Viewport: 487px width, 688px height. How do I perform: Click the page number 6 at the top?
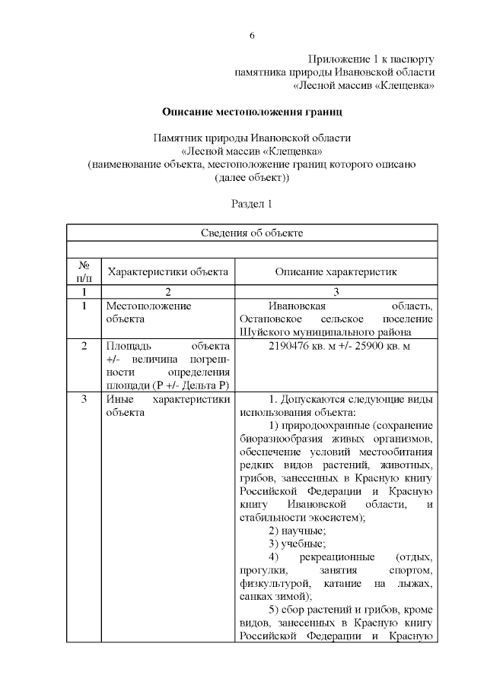point(251,36)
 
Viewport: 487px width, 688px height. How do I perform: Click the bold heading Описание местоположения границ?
point(251,113)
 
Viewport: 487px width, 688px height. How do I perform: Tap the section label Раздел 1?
point(251,204)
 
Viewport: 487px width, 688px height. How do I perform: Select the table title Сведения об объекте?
point(251,233)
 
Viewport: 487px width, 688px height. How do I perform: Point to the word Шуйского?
point(262,332)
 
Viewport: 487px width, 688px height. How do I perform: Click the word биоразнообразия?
point(282,438)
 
